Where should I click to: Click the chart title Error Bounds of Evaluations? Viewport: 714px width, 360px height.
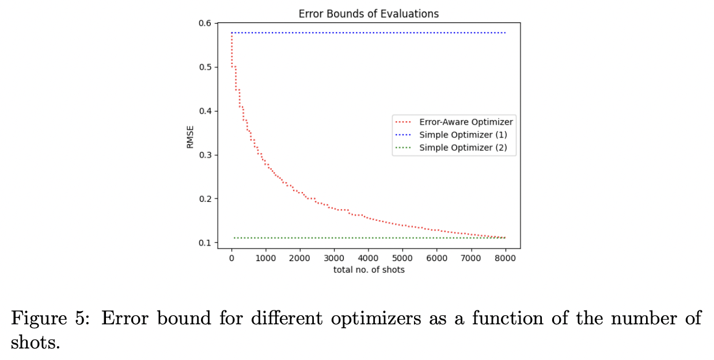click(369, 14)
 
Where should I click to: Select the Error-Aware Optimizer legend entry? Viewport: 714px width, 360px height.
click(466, 122)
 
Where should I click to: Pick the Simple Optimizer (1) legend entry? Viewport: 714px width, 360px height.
click(463, 135)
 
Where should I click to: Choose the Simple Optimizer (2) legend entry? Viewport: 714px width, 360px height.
click(463, 148)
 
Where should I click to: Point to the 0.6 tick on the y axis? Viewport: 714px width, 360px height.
click(205, 24)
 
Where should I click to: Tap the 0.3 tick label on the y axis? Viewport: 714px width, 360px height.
click(205, 155)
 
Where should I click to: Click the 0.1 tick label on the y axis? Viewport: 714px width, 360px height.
click(205, 243)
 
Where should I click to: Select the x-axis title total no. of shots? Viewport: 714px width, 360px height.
click(369, 270)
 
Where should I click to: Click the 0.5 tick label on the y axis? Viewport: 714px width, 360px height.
click(205, 67)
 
